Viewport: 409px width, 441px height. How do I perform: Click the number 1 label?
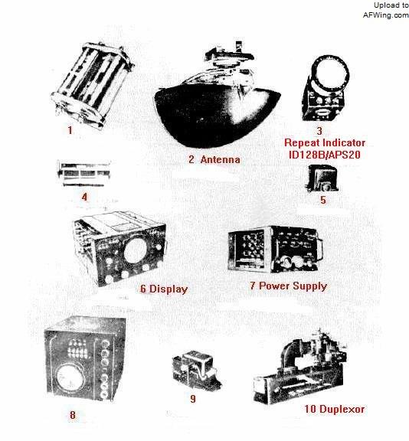click(70, 130)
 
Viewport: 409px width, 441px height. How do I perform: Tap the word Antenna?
click(221, 159)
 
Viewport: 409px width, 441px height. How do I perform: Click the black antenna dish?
click(218, 116)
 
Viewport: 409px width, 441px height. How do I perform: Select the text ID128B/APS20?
click(324, 155)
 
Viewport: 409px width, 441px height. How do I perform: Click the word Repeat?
click(303, 142)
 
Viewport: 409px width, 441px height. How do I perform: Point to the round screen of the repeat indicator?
click(332, 74)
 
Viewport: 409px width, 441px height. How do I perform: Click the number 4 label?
click(84, 197)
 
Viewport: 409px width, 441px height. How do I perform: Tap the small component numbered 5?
click(322, 178)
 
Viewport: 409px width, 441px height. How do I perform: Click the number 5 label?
click(323, 200)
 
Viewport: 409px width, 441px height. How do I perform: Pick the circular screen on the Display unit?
click(136, 250)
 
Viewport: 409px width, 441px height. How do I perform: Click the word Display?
click(169, 289)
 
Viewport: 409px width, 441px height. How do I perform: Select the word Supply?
click(309, 286)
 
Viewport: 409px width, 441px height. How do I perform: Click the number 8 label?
click(73, 415)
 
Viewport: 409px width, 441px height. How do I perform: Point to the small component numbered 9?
click(196, 369)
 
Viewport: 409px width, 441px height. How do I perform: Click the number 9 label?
click(193, 399)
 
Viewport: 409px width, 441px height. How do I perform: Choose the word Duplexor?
click(342, 409)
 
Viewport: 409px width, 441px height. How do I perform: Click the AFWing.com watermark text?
click(386, 15)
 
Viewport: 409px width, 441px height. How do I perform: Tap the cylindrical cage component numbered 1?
click(92, 84)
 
